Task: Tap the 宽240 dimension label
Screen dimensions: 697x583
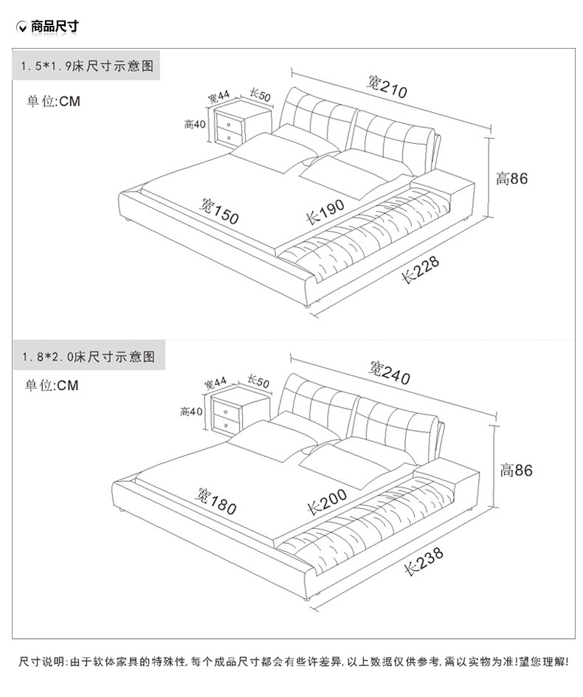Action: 389,372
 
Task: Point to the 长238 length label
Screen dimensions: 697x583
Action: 424,561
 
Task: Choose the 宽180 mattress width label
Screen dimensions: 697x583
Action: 215,501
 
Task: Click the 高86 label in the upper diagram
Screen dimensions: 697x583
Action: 512,178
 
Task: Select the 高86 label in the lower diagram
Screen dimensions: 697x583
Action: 516,470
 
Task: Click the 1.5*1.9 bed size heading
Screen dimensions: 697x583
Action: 87,66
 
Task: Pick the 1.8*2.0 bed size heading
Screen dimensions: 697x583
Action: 87,356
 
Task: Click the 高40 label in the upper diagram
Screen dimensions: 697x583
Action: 195,124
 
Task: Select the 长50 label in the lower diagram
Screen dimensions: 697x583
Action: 258,381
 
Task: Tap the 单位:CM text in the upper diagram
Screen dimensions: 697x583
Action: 53,101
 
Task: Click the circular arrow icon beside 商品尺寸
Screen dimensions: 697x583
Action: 22,27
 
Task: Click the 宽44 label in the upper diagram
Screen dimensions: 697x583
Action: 219,96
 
